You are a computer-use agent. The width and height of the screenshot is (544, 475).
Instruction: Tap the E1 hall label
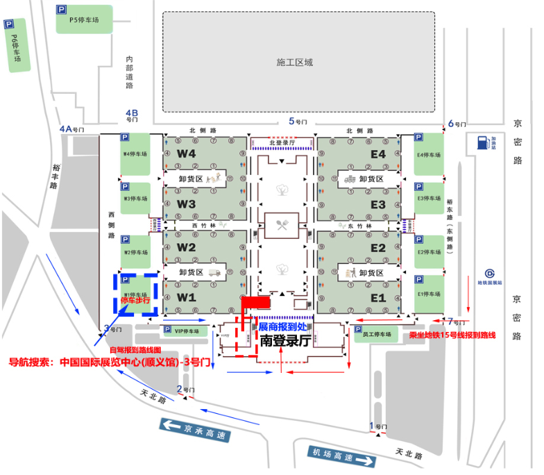point(377,297)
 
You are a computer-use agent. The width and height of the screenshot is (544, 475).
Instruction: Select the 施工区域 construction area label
point(294,62)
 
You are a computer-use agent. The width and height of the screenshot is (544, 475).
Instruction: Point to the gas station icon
point(482,143)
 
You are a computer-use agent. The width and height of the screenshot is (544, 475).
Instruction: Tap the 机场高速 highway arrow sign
point(342,456)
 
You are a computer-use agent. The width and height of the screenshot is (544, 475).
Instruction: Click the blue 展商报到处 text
point(286,326)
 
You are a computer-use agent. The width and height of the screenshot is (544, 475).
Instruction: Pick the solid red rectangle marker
point(255,302)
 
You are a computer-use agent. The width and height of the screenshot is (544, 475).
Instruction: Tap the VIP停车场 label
point(186,331)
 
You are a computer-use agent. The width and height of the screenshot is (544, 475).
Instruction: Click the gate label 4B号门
point(132,115)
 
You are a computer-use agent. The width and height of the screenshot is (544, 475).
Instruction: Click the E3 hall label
point(377,205)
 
